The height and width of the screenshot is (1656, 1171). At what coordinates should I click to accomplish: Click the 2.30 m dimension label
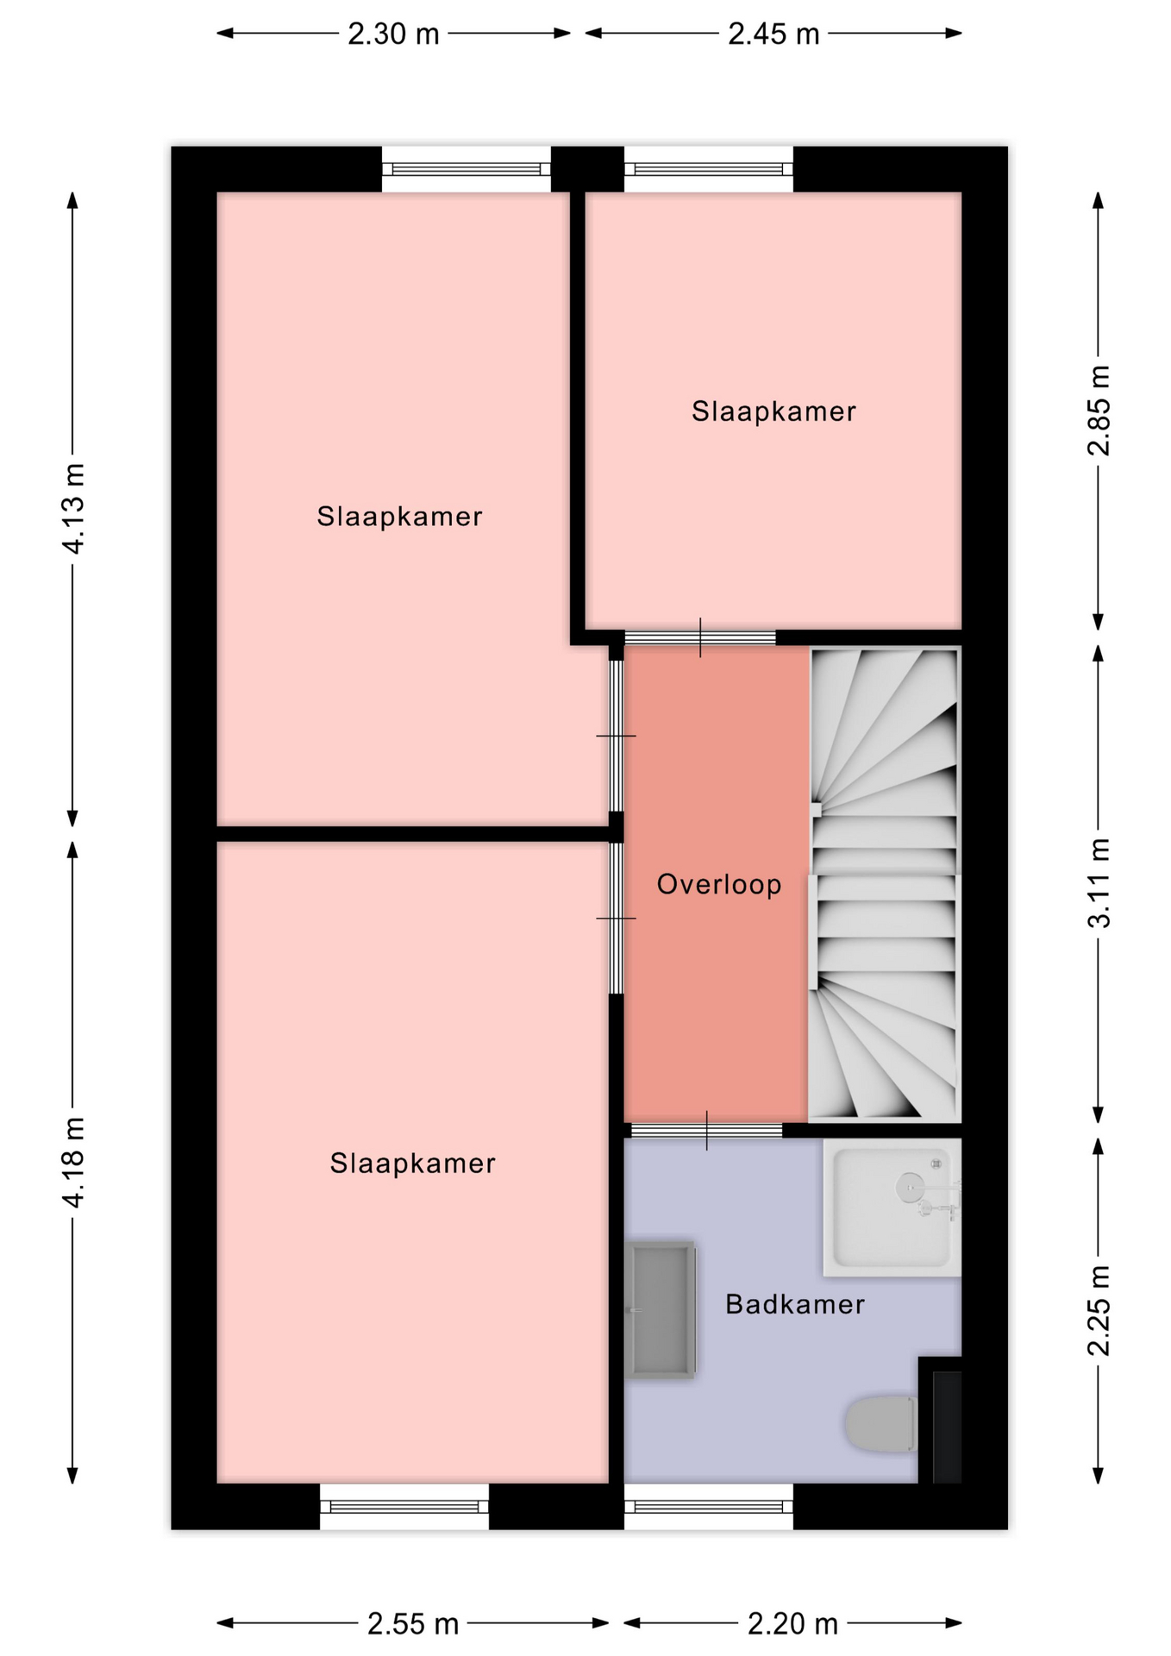click(x=393, y=34)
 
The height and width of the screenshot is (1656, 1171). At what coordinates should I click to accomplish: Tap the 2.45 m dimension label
click(x=773, y=34)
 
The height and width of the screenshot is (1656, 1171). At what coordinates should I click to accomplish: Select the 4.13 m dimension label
click(x=73, y=508)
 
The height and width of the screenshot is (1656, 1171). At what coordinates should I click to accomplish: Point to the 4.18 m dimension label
click(x=73, y=1162)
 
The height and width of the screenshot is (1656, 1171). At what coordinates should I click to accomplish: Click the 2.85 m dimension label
click(x=1099, y=411)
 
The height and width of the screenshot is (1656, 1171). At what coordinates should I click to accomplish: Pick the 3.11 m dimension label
click(x=1099, y=883)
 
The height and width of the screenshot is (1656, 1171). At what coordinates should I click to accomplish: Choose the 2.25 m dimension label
click(x=1099, y=1311)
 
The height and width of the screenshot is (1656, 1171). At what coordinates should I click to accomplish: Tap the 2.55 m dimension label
click(x=413, y=1624)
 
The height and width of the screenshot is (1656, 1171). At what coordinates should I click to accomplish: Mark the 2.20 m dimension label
click(x=792, y=1624)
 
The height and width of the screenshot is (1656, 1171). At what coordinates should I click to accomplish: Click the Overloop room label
click(x=719, y=884)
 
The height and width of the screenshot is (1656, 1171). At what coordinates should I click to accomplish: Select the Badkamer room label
click(x=795, y=1304)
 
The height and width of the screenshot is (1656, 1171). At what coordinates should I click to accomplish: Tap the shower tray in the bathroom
click(x=892, y=1207)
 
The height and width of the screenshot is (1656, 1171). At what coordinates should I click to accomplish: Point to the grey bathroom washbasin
click(x=661, y=1310)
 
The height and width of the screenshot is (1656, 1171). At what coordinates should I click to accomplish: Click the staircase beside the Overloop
click(x=885, y=885)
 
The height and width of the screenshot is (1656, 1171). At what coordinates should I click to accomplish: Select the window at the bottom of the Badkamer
click(x=709, y=1507)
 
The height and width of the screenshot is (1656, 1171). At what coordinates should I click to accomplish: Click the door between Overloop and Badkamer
click(x=707, y=1131)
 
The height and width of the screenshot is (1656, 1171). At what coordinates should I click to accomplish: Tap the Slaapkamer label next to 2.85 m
click(x=773, y=411)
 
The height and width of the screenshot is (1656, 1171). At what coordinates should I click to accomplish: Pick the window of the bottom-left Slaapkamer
click(x=404, y=1507)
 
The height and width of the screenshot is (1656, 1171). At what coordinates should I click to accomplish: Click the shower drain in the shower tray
click(x=908, y=1187)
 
